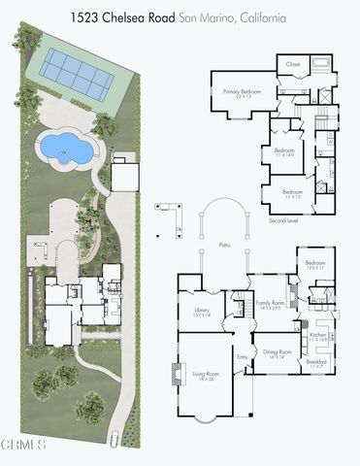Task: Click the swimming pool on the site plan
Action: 63,149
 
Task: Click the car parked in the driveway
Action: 116,438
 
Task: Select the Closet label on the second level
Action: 292,64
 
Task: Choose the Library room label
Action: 202,312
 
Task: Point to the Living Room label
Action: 204,375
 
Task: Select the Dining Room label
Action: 278,353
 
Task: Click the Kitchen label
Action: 319,335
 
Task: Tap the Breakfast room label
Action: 316,362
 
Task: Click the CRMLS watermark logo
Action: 23,446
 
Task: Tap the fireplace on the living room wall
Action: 177,375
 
